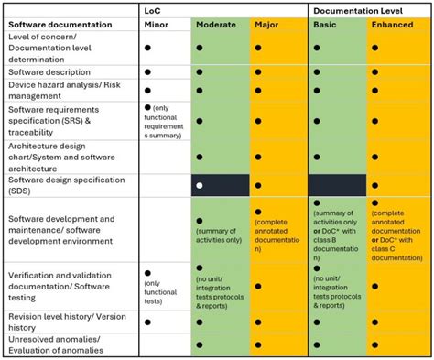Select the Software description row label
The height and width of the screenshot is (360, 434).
49,71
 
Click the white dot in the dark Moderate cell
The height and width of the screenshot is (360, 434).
199,186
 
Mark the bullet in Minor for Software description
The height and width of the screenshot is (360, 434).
148,72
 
